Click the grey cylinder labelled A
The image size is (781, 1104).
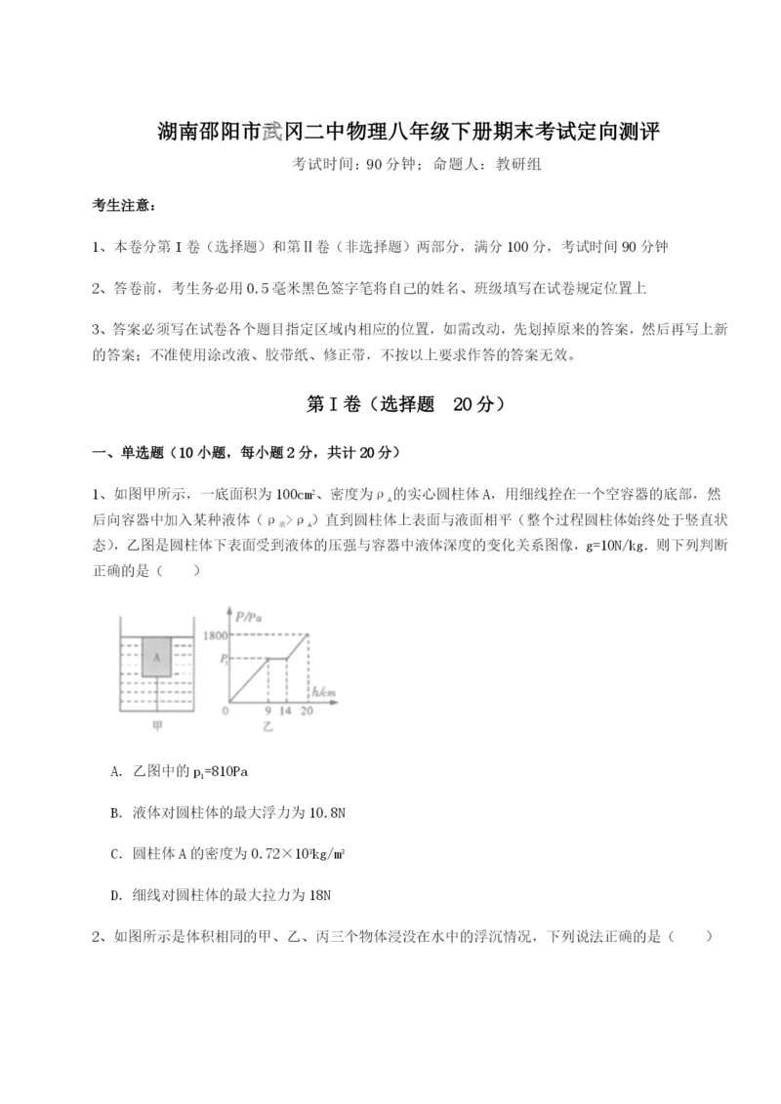156,657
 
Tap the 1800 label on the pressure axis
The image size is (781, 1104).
214,635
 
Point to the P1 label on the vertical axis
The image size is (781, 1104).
224,660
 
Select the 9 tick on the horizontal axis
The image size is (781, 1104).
267,711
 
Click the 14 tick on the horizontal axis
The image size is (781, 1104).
286,711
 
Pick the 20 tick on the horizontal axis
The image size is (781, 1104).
308,711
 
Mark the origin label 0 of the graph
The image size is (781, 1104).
226,711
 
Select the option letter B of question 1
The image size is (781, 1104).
117,813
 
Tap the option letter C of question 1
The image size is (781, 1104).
117,854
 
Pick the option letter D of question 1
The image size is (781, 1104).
117,894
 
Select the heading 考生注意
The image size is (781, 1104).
122,206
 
